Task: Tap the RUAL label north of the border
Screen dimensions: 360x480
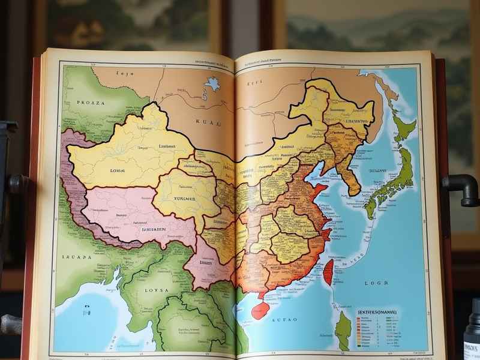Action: pyautogui.click(x=206, y=122)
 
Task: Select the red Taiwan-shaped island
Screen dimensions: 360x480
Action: pyautogui.click(x=328, y=271)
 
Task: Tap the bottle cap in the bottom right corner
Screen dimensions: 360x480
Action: pyautogui.click(x=474, y=312)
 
